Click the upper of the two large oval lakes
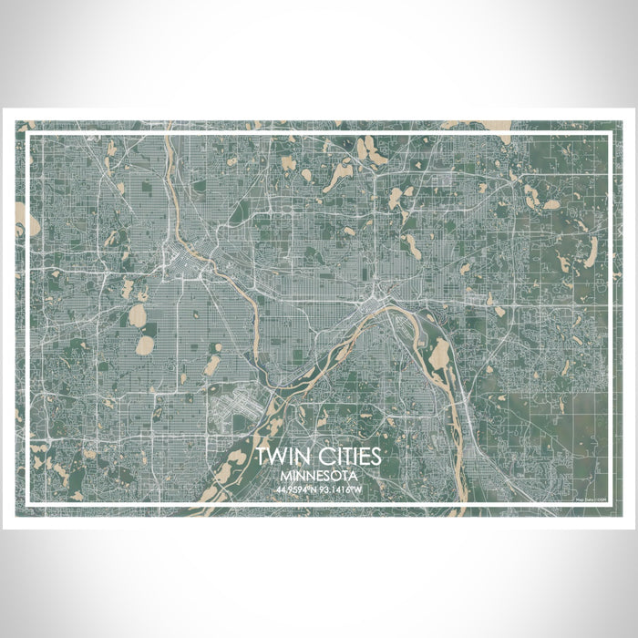[138, 315]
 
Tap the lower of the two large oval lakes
[145, 345]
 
